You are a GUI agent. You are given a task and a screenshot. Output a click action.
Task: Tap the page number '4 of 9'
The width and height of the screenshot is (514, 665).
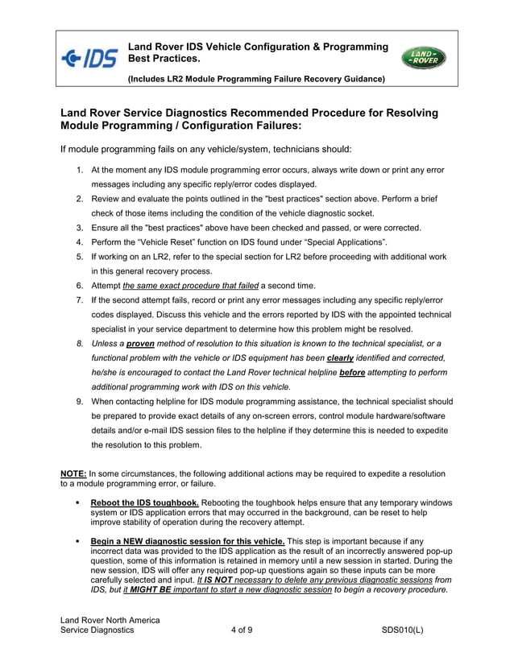pos(241,630)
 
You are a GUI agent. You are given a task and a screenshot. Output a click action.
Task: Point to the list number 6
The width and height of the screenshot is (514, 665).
pos(80,286)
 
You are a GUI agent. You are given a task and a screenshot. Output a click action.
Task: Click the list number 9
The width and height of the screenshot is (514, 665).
pos(80,400)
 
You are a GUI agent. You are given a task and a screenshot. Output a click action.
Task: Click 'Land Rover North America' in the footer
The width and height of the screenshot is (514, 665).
pos(110,619)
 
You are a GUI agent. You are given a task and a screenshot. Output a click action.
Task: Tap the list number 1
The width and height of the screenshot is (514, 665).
pos(80,171)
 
